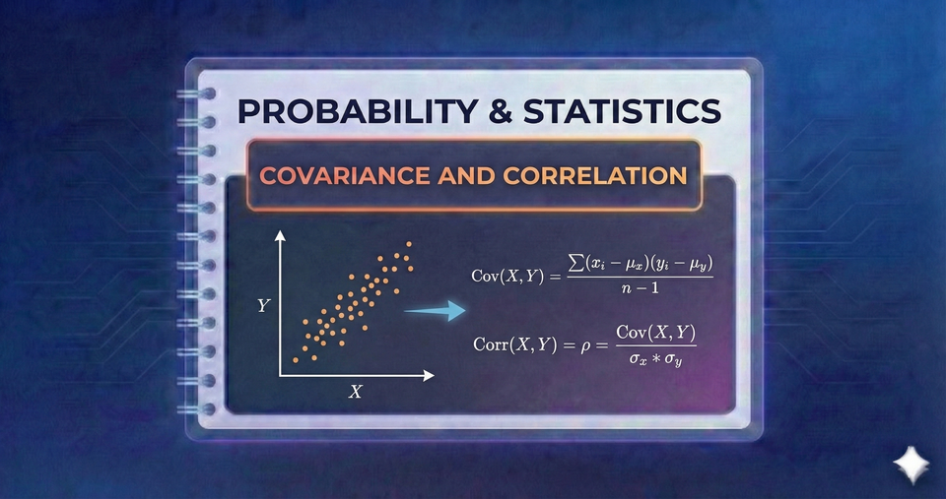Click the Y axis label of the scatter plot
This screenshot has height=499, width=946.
pyautogui.click(x=263, y=306)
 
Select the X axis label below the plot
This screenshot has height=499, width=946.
pyautogui.click(x=356, y=392)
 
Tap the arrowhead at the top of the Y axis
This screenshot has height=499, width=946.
pyautogui.click(x=281, y=237)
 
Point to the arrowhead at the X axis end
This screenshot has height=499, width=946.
pyautogui.click(x=430, y=375)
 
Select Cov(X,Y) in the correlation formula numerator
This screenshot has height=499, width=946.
pyautogui.click(x=655, y=333)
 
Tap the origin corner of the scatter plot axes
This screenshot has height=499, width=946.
pyautogui.click(x=281, y=375)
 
